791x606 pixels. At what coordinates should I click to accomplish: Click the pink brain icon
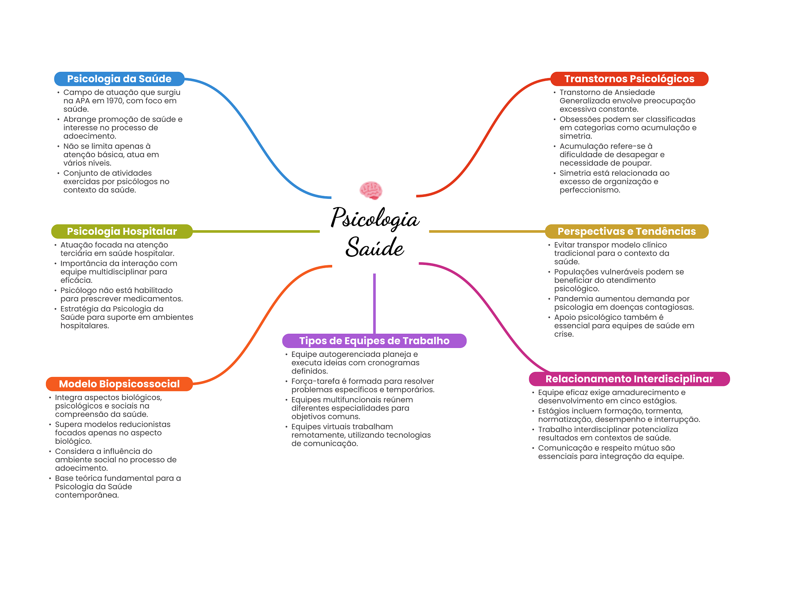point(371,190)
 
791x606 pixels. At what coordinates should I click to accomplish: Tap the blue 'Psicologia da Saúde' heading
point(119,79)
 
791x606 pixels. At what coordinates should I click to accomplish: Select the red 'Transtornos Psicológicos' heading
point(629,79)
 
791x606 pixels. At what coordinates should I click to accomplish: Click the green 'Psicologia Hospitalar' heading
point(122,231)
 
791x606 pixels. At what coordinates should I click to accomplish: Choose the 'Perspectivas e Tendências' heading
point(626,231)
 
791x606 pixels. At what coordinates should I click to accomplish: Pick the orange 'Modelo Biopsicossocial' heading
point(119,384)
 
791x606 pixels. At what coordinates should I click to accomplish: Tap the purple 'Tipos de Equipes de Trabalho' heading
point(374,341)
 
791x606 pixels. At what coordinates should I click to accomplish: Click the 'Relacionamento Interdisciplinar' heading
point(629,379)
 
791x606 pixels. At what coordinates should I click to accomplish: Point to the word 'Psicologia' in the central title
point(375,219)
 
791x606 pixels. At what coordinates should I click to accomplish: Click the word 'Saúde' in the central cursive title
point(375,247)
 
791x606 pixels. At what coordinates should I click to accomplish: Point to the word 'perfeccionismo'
point(589,190)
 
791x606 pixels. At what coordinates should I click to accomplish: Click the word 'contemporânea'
point(87,495)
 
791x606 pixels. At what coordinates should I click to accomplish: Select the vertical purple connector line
point(374,303)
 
